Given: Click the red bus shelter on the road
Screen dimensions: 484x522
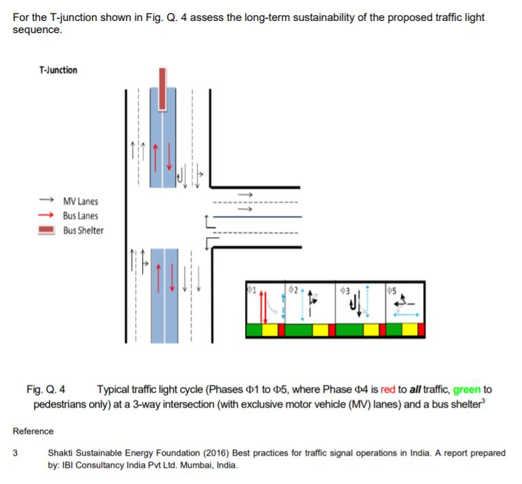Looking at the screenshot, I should pyautogui.click(x=162, y=88).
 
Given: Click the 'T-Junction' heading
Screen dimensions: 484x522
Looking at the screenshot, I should pyautogui.click(x=58, y=70).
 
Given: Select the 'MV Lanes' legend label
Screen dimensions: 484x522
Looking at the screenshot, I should pyautogui.click(x=80, y=201).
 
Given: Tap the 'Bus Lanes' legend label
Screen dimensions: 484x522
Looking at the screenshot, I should pyautogui.click(x=80, y=216).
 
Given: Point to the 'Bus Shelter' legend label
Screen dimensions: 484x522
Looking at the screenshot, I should pyautogui.click(x=83, y=231).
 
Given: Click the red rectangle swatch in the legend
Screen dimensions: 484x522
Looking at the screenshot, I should pyautogui.click(x=46, y=231).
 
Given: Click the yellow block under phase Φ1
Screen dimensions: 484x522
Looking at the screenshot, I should pyautogui.click(x=270, y=330).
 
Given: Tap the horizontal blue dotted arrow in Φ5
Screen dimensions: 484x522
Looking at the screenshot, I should pyautogui.click(x=406, y=315).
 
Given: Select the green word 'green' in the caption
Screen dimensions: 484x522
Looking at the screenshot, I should pyautogui.click(x=466, y=389).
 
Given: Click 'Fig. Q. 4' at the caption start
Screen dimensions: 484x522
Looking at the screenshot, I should pyautogui.click(x=46, y=389).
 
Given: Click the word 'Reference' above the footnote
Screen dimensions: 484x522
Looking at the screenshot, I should pyautogui.click(x=33, y=431).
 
